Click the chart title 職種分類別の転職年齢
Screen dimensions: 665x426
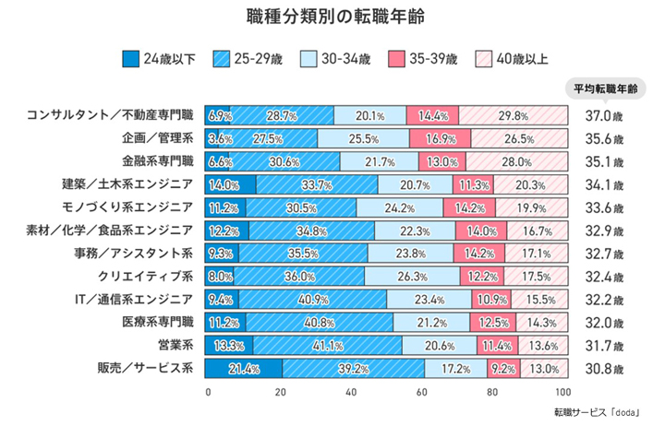click(335, 18)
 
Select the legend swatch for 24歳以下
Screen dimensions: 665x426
click(130, 59)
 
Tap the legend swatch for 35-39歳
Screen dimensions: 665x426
click(396, 59)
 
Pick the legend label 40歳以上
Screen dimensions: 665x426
click(522, 59)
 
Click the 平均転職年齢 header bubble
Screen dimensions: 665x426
click(606, 89)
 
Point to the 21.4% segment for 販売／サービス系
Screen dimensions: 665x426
click(244, 369)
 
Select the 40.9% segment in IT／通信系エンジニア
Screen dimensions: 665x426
click(312, 300)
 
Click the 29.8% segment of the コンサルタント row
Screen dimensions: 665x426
click(514, 115)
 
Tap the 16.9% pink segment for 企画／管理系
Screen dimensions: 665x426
click(441, 138)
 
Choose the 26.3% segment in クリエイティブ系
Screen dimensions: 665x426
click(412, 276)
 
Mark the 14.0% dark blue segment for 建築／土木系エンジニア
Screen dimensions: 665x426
click(230, 184)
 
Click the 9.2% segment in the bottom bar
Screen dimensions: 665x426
click(504, 369)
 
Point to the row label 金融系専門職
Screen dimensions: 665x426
click(158, 161)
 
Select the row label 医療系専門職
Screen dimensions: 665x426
click(158, 322)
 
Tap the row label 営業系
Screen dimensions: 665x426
click(175, 345)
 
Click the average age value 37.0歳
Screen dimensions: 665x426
click(604, 115)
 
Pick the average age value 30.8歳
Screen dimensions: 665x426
click(604, 369)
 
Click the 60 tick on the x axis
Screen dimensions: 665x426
click(421, 392)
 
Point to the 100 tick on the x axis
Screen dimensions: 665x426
click(562, 392)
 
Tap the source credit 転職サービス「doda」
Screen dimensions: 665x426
click(597, 412)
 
